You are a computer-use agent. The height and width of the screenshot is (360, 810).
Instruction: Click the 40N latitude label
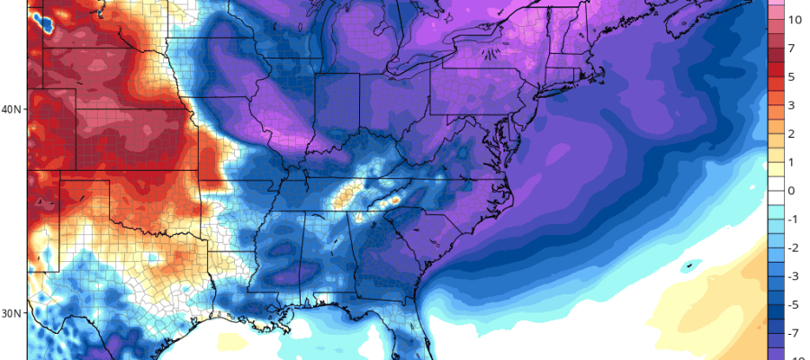[13, 110]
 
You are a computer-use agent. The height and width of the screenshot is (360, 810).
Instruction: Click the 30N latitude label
[13, 313]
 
